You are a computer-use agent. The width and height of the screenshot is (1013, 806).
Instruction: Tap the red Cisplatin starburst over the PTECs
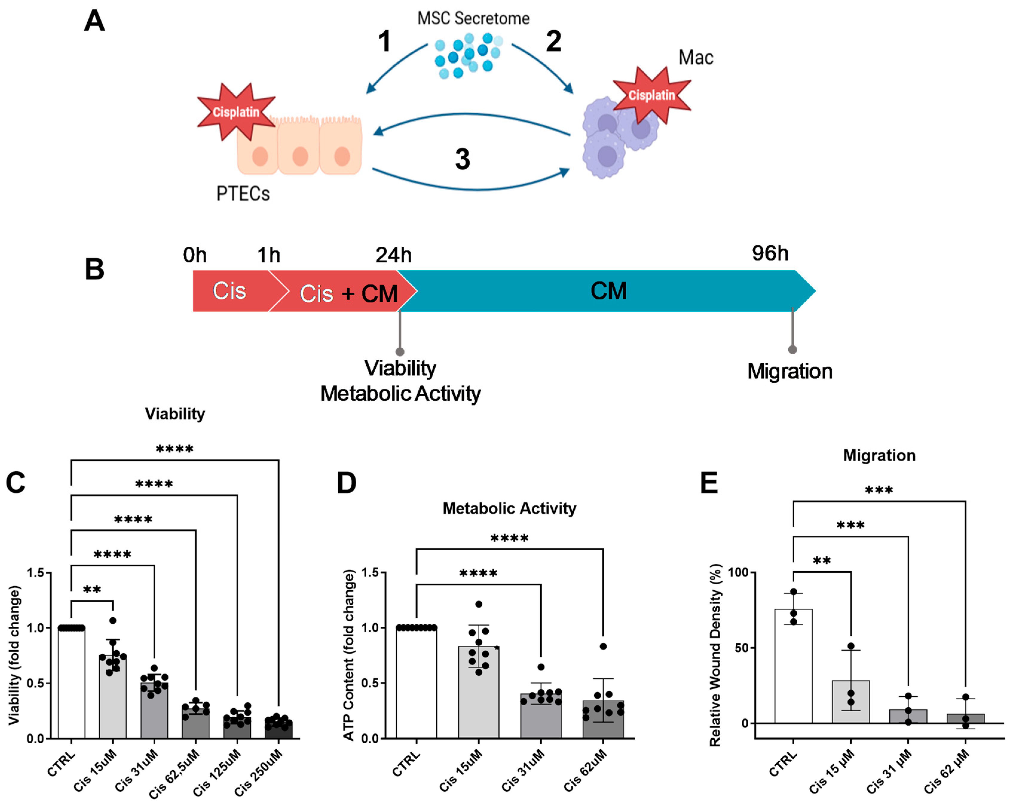[236, 111]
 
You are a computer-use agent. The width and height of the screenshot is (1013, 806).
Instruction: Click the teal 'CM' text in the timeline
[608, 291]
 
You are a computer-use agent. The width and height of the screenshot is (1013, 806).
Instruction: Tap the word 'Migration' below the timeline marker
[790, 371]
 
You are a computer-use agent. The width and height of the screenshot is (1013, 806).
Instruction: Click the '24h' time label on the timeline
[393, 255]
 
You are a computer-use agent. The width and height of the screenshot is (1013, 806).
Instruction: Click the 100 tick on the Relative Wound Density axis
[738, 573]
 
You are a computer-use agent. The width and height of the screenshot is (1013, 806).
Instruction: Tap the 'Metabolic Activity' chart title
[509, 508]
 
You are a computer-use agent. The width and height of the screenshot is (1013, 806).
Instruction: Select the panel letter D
[347, 483]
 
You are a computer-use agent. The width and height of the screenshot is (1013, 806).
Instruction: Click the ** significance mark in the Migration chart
[822, 560]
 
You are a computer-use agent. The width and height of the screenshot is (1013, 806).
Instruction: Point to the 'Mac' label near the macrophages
[696, 57]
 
